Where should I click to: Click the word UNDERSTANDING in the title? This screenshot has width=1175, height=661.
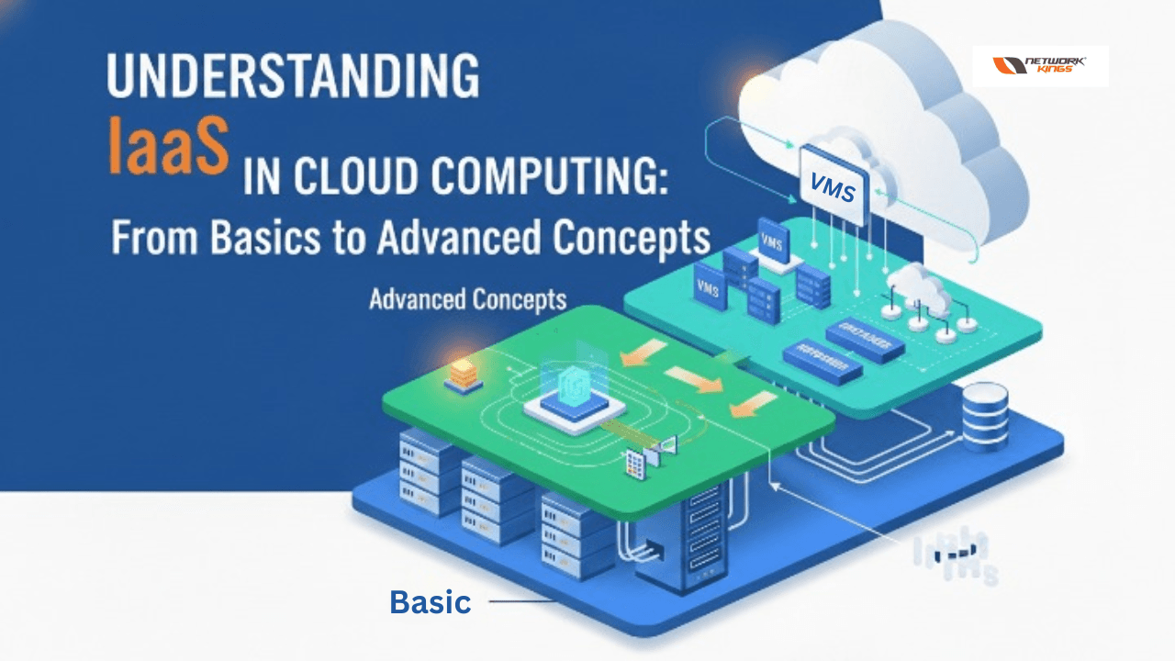point(293,77)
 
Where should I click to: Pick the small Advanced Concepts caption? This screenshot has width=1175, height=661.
point(467,299)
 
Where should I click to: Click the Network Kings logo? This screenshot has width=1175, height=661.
point(1040,66)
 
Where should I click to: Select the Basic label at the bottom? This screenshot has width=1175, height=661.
point(431,602)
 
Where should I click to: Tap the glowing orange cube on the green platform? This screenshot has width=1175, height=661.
point(464,373)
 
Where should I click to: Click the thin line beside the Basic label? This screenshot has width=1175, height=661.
point(520,602)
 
